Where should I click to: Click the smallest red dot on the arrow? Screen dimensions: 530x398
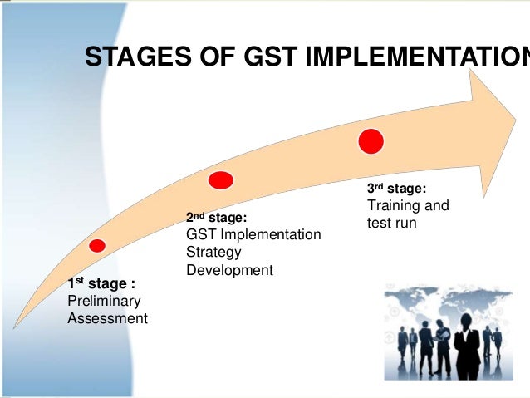pyautogui.click(x=97, y=245)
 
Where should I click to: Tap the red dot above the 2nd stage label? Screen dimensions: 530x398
pyautogui.click(x=220, y=179)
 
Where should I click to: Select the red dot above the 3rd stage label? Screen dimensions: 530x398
pyautogui.click(x=371, y=140)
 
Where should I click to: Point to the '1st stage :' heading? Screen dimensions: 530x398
pyautogui.click(x=101, y=284)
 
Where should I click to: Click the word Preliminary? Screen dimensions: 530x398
pyautogui.click(x=104, y=301)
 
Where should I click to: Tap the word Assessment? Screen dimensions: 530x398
pyautogui.click(x=107, y=318)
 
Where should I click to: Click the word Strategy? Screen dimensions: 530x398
pyautogui.click(x=213, y=252)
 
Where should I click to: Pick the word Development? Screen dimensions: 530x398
pyautogui.click(x=229, y=270)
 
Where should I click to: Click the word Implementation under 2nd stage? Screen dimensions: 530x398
pyautogui.click(x=271, y=234)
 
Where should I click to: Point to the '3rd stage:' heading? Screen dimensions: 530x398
pyautogui.click(x=397, y=188)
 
